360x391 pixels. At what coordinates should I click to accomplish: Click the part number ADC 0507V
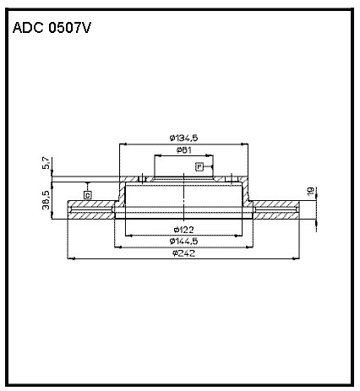pyautogui.click(x=52, y=28)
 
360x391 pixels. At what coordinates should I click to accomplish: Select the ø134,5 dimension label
pyautogui.click(x=184, y=138)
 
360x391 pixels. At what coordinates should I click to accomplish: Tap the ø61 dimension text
pyautogui.click(x=184, y=150)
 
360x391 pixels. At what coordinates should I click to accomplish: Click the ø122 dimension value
pyautogui.click(x=184, y=230)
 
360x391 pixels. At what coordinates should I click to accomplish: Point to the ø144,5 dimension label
pyautogui.click(x=184, y=242)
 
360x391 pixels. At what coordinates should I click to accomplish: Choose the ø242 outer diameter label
pyautogui.click(x=184, y=253)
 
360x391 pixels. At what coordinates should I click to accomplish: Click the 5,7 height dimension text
pyautogui.click(x=46, y=163)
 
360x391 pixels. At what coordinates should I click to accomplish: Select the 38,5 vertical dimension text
pyautogui.click(x=46, y=200)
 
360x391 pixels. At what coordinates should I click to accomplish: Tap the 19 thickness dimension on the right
pyautogui.click(x=311, y=191)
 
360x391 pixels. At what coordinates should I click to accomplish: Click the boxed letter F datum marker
pyautogui.click(x=199, y=167)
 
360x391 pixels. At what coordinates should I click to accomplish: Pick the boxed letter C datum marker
pyautogui.click(x=88, y=195)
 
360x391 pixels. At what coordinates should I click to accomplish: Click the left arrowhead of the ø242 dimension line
pyautogui.click(x=72, y=258)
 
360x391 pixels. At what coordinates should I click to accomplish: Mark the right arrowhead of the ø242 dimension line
pyautogui.click(x=296, y=258)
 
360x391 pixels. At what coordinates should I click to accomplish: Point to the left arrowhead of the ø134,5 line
pyautogui.click(x=123, y=144)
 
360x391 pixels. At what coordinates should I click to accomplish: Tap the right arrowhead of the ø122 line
pyautogui.click(x=238, y=236)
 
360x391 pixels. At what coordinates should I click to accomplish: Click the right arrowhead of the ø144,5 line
pyautogui.click(x=249, y=247)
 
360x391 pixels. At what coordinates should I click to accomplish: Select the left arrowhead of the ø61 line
pyautogui.click(x=158, y=155)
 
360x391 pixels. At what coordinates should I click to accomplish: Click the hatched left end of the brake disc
pyautogui.click(x=90, y=209)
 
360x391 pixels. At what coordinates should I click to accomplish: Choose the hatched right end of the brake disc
pyautogui.click(x=276, y=209)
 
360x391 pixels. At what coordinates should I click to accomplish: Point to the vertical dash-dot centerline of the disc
pyautogui.click(x=183, y=196)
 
